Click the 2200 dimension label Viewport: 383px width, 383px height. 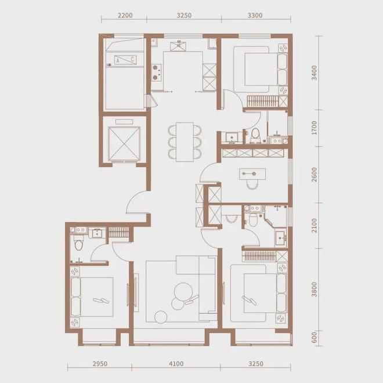click(x=125, y=16)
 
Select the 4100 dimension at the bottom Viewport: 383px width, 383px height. click(x=176, y=364)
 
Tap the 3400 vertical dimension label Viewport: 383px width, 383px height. click(x=314, y=73)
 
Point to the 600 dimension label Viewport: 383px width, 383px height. click(x=314, y=337)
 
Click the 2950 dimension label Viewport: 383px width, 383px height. click(x=100, y=364)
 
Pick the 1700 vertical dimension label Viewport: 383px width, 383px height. click(x=314, y=128)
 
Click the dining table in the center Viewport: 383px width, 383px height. click(x=185, y=142)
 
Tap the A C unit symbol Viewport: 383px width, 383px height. click(x=125, y=60)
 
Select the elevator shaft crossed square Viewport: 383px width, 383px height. click(x=124, y=144)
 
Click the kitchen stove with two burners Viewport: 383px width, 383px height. click(x=157, y=73)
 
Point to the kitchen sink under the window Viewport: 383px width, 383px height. click(x=178, y=46)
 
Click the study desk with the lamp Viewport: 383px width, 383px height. click(x=252, y=174)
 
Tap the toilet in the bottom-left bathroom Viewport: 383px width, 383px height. click(x=79, y=244)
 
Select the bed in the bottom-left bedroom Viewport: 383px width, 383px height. click(x=92, y=297)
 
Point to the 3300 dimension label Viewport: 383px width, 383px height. click(x=255, y=16)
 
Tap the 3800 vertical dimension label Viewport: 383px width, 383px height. click(x=314, y=290)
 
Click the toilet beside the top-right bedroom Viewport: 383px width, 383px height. click(x=255, y=135)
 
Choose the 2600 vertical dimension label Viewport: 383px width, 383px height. click(x=314, y=175)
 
